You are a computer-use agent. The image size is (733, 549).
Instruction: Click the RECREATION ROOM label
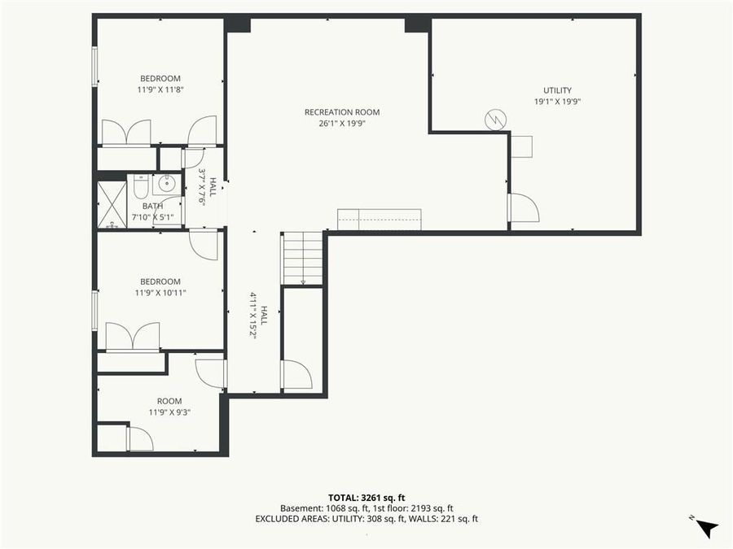point(342,112)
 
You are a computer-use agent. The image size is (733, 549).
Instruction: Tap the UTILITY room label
point(558,90)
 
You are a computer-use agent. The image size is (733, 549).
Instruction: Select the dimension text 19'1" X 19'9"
point(558,102)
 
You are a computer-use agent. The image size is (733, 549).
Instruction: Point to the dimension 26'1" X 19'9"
point(342,124)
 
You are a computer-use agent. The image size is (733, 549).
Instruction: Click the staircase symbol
point(303,258)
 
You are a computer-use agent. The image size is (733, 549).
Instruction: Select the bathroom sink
point(167,183)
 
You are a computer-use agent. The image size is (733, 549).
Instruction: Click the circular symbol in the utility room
point(494,120)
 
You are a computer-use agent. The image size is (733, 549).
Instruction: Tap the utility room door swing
point(523,208)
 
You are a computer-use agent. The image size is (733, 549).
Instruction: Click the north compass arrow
point(705,527)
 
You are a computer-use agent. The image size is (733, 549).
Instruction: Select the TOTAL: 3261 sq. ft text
point(366,496)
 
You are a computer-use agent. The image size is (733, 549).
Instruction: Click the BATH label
point(153,207)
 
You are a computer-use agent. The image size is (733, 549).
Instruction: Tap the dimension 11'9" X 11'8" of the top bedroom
point(160,89)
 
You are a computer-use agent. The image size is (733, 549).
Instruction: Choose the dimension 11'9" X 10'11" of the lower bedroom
point(160,293)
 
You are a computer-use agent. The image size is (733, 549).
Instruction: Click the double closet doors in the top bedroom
point(126,133)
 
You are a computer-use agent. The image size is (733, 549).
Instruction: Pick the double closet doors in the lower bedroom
point(133,337)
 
